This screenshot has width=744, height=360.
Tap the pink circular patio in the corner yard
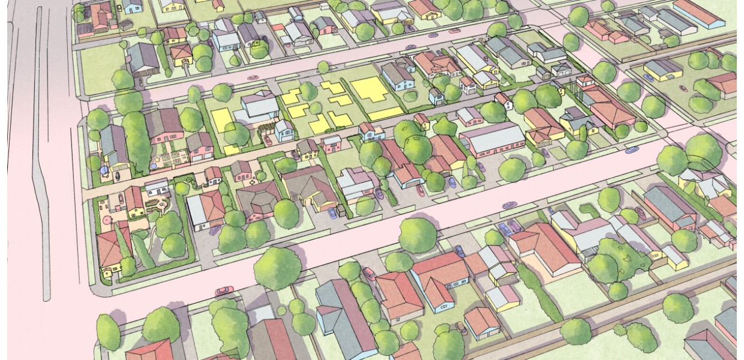(107, 220)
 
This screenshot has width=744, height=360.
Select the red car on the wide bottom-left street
(224, 290)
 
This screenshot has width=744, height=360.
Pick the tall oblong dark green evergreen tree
(136, 142)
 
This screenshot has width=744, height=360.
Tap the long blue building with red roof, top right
(699, 13)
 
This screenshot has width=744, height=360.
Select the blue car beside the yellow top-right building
(649, 77)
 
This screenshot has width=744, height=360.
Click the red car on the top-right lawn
(683, 88)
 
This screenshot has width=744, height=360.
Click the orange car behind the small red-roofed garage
(461, 328)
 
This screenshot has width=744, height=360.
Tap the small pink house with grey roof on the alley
(331, 143)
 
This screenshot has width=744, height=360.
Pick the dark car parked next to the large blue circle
(117, 175)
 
